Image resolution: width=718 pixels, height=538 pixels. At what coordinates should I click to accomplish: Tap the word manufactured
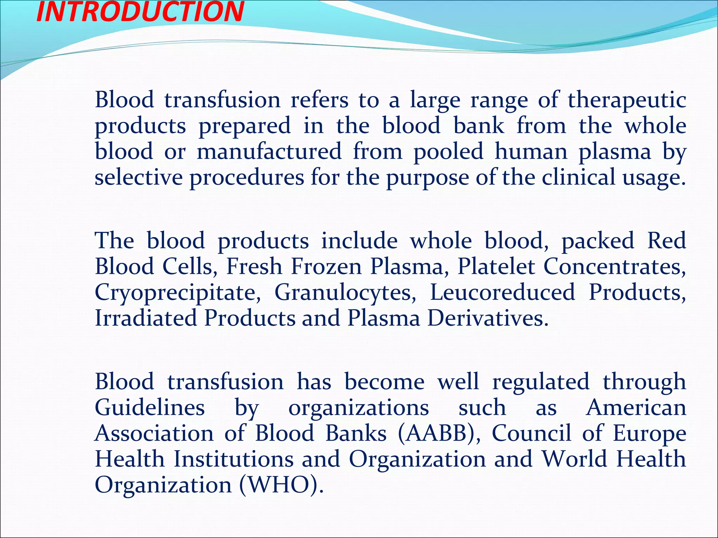tap(269, 152)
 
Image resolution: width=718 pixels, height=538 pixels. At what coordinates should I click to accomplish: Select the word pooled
tap(448, 152)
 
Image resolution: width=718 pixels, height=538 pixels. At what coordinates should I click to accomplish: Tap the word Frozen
tap(326, 267)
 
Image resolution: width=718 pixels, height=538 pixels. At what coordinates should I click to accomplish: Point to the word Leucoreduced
tap(502, 292)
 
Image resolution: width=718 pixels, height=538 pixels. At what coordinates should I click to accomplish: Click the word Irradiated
tap(146, 318)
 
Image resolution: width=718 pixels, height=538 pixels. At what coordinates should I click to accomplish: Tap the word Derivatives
tap(487, 318)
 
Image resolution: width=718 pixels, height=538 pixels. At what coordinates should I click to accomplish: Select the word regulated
tap(541, 382)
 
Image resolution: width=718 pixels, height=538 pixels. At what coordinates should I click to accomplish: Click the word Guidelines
tap(150, 408)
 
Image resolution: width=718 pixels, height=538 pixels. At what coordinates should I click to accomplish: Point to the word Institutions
tap(234, 459)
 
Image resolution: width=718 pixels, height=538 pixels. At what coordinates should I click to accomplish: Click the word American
tap(636, 408)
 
